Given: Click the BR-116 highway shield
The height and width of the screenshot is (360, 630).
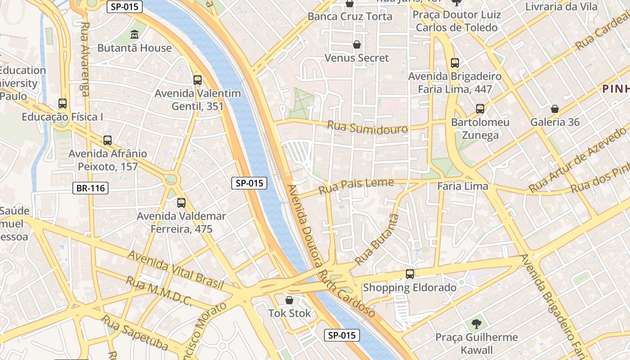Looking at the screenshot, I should pyautogui.click(x=91, y=188).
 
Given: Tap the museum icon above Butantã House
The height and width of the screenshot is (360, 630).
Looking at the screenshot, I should pyautogui.click(x=135, y=35).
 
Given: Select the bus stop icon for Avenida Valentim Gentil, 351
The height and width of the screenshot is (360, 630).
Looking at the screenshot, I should pyautogui.click(x=198, y=80).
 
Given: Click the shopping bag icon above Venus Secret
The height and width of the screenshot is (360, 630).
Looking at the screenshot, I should pyautogui.click(x=357, y=45).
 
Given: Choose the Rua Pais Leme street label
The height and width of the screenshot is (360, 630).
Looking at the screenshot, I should pyautogui.click(x=356, y=186).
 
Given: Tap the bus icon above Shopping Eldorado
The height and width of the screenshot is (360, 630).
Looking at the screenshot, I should pyautogui.click(x=410, y=274).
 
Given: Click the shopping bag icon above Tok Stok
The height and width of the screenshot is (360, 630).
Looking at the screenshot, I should pyautogui.click(x=289, y=300).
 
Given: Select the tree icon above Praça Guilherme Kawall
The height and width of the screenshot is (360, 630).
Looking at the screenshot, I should pyautogui.click(x=476, y=324).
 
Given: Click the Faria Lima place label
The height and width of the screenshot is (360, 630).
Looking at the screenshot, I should pyautogui.click(x=463, y=186).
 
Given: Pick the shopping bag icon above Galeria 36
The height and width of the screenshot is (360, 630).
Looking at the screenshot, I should pyautogui.click(x=555, y=109).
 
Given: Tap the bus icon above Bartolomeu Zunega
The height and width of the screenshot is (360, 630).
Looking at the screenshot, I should pyautogui.click(x=480, y=109).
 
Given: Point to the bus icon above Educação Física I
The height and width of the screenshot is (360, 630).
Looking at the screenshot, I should pyautogui.click(x=63, y=103).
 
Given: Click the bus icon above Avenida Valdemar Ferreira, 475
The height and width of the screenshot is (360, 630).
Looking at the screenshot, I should pyautogui.click(x=181, y=203).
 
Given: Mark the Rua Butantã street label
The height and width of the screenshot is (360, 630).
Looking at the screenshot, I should pyautogui.click(x=377, y=239).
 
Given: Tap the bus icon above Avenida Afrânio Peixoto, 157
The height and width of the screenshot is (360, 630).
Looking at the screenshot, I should pyautogui.click(x=108, y=140).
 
